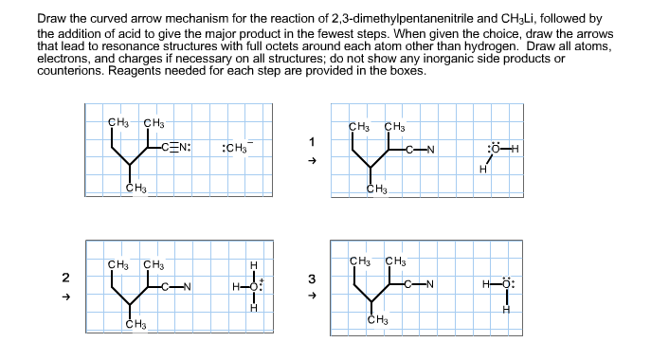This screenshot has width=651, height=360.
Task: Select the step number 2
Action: (x=65, y=278)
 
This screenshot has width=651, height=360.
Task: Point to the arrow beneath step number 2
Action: (x=65, y=296)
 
